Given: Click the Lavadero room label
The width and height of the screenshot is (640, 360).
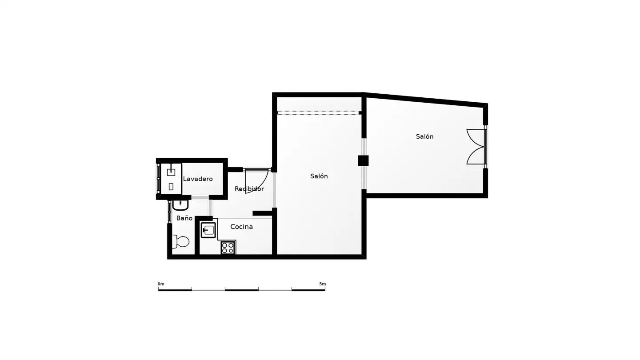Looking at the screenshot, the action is [198, 179].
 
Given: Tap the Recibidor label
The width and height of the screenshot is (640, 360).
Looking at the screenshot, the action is [249, 188].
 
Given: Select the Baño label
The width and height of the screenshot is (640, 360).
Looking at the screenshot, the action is [184, 218].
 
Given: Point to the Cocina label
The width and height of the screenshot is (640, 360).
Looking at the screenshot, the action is [241, 227].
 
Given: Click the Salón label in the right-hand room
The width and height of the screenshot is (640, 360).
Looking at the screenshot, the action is [424, 136].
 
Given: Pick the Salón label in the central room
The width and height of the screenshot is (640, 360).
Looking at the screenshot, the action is [319, 176].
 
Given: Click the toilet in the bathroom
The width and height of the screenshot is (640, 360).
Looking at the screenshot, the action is [180, 242].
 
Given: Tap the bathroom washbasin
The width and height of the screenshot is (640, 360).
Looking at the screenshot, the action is [180, 205].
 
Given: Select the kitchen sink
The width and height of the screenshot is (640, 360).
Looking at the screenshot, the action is [208, 230].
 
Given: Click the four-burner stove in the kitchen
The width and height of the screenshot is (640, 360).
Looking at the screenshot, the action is [228, 248].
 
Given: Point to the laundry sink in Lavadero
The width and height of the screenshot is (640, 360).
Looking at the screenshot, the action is [171, 172].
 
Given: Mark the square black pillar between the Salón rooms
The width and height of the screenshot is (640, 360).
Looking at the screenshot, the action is [363, 160].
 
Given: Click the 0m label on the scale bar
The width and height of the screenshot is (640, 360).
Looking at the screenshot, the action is [161, 284].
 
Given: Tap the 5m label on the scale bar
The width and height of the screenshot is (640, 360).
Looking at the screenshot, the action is [322, 284].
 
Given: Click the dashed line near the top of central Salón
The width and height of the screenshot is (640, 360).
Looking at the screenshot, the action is [318, 113].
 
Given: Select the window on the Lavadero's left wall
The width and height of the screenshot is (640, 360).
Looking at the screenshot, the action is [158, 179].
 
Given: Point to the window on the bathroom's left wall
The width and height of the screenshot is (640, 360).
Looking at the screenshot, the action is [169, 212].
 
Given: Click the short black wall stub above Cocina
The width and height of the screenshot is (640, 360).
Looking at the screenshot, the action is [262, 213].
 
